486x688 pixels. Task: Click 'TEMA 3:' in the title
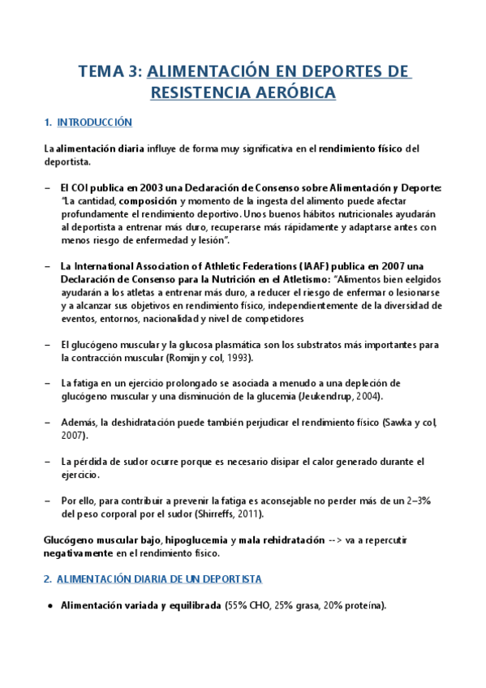[x=109, y=71]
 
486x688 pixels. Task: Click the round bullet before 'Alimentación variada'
[x=50, y=605]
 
